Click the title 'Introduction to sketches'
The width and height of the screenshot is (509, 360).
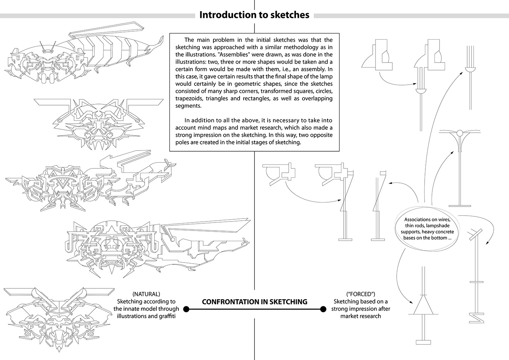[x=254, y=15]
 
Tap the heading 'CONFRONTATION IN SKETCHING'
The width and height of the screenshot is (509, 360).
[x=254, y=302]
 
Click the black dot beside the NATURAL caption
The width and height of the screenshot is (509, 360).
[x=186, y=309]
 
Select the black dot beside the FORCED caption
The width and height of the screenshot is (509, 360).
[x=322, y=309]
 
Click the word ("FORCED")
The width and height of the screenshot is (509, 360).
[x=361, y=294]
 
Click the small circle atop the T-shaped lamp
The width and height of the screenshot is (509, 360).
[x=459, y=132]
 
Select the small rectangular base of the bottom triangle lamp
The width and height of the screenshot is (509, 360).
[x=423, y=342]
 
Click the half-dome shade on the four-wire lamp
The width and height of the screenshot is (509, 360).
[x=470, y=68]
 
